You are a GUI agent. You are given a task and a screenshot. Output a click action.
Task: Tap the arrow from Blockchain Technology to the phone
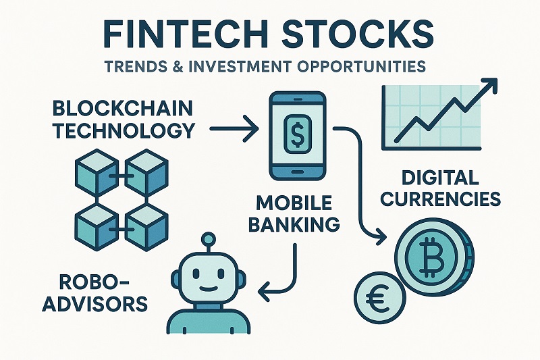pyautogui.click(x=233, y=127)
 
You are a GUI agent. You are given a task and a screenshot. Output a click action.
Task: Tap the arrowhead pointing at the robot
pyautogui.click(x=265, y=292)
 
